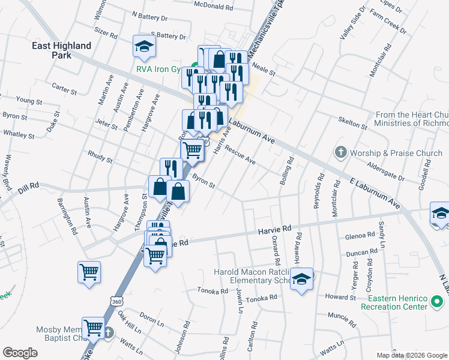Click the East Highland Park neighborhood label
pyautogui.click(x=62, y=50)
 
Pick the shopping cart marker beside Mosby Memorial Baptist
pyautogui.click(x=94, y=328)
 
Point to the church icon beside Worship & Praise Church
pyautogui.click(x=341, y=152)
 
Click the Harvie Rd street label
pyautogui.click(x=274, y=229)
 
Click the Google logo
pyautogui.click(x=20, y=353)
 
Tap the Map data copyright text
pyautogui.click(x=411, y=355)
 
